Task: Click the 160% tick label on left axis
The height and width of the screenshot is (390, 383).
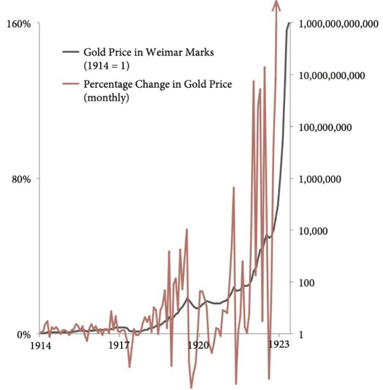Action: click(x=19, y=24)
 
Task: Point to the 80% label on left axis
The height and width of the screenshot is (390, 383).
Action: click(x=22, y=179)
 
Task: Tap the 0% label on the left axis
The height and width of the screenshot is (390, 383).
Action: click(x=24, y=335)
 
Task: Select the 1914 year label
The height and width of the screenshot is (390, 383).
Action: click(x=40, y=346)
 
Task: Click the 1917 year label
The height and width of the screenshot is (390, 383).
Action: click(x=119, y=345)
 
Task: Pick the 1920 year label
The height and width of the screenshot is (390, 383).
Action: click(x=198, y=345)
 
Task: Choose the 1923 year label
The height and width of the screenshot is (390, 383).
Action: click(x=279, y=344)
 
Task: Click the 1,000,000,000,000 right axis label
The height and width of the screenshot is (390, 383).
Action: click(x=338, y=24)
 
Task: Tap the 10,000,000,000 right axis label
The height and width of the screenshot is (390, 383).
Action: click(x=332, y=76)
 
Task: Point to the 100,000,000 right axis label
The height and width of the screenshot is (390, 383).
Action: click(x=325, y=127)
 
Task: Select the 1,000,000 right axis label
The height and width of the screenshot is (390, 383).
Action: click(x=320, y=179)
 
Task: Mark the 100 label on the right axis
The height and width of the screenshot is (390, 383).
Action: click(x=307, y=283)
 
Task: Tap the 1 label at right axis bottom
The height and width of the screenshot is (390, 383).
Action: click(x=301, y=335)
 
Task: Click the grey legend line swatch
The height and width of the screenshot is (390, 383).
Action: click(x=71, y=52)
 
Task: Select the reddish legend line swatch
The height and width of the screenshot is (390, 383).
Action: click(x=71, y=83)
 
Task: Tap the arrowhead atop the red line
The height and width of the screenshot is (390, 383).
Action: click(x=276, y=5)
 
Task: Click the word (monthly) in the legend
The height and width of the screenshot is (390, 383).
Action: click(x=107, y=97)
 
